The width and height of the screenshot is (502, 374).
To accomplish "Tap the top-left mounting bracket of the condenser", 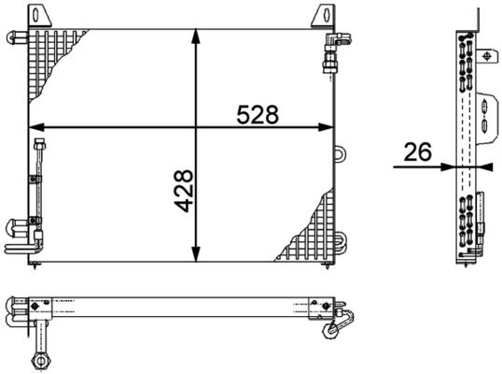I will (40, 17).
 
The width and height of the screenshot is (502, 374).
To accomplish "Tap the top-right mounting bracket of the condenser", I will (323, 17).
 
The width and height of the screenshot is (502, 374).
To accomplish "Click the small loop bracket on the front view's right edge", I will (340, 151).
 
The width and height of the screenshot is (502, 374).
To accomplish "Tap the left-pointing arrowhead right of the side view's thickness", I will (482, 166).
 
